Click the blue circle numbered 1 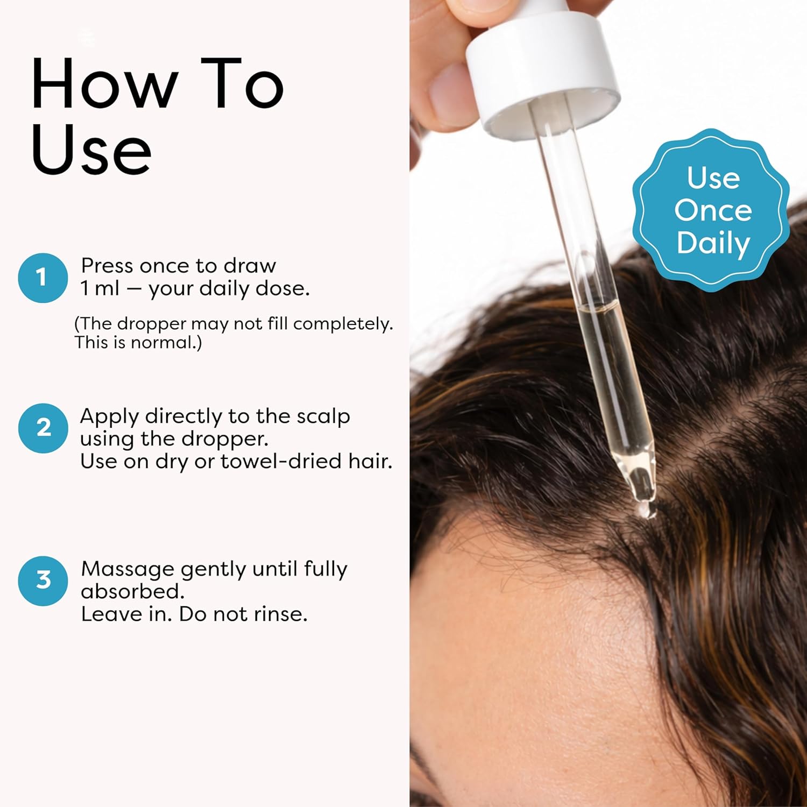pyautogui.click(x=43, y=278)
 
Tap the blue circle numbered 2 pyautogui.click(x=43, y=428)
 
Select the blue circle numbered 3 pyautogui.click(x=43, y=581)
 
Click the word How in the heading pyautogui.click(x=104, y=85)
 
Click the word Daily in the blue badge pyautogui.click(x=713, y=243)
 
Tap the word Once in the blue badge pyautogui.click(x=713, y=210)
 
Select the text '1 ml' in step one pyautogui.click(x=100, y=289)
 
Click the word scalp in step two pyautogui.click(x=323, y=416)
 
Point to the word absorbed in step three pyautogui.click(x=132, y=592)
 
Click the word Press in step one pyautogui.click(x=107, y=266)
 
